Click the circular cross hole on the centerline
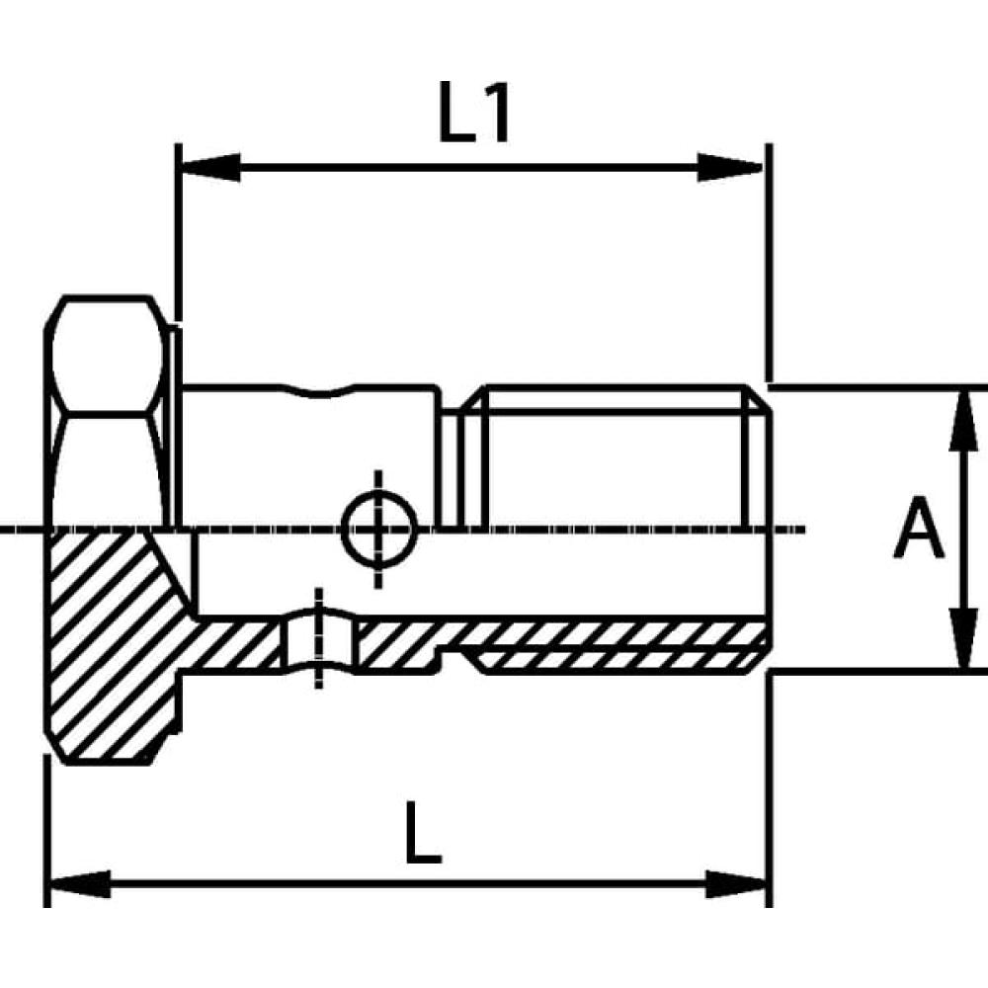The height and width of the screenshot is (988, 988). coord(377,529)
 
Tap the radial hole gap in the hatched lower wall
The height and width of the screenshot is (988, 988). coord(318,643)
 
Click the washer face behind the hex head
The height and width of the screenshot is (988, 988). coord(174,425)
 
